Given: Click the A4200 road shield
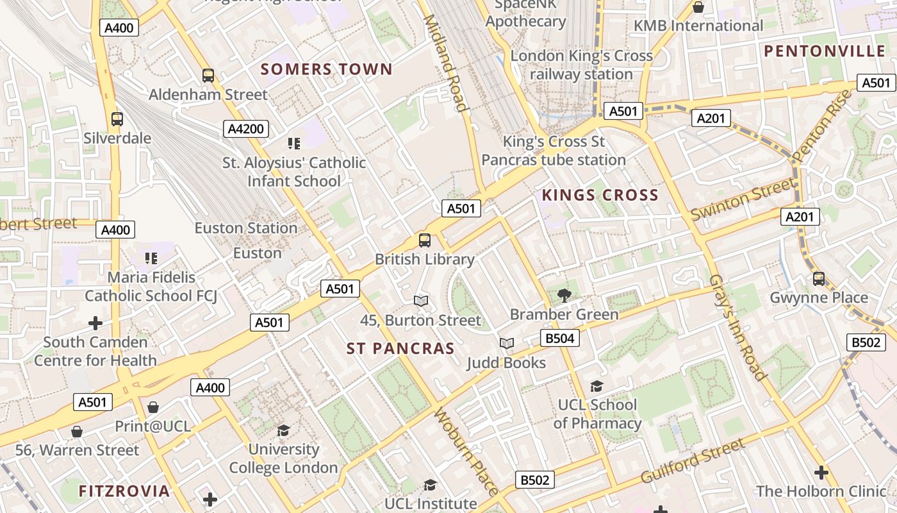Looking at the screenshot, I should coord(246,129).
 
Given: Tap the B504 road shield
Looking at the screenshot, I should coord(559,338).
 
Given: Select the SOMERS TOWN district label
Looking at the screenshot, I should coord(326,69).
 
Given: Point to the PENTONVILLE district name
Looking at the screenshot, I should coord(824,51).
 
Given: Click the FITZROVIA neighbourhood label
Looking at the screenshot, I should coord(124,491).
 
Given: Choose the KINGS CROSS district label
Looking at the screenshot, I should coord(600,195).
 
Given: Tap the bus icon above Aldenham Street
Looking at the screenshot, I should coord(208,76).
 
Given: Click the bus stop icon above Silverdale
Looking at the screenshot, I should coord(117,119).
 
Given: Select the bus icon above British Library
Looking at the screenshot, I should coord(425,240).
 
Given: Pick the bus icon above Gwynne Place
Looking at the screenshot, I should coord(819,279).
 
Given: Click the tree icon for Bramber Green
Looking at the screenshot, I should coord(564,296).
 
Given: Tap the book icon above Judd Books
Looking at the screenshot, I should coord(507,344).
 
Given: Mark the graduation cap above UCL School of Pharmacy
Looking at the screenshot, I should coord(597,386).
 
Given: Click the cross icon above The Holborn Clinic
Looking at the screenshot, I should coord(821,473).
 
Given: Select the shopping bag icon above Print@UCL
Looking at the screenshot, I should coord(153,407).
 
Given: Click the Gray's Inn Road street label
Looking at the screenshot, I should coord(737,327).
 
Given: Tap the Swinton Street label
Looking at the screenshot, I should coord(742,200).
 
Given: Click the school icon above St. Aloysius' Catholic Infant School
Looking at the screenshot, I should coord(294,144).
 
